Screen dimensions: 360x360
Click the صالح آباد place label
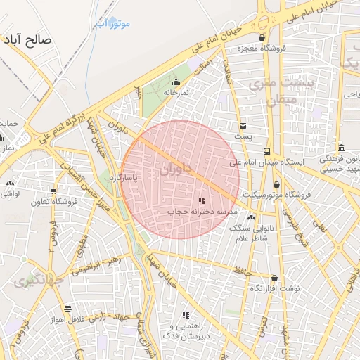coord(28,39)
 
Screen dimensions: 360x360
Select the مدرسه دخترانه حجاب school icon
coord(202,201)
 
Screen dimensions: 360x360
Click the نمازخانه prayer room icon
coord(176,82)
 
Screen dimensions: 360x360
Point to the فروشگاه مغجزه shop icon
coord(262,38)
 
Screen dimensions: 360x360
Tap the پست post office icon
coord(243,126)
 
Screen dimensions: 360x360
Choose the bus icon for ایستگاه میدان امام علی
coord(266,151)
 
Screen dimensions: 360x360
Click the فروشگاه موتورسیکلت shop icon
coord(276,184)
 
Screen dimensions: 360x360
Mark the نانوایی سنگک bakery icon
coord(252,217)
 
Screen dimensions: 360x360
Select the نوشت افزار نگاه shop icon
coord(274,278)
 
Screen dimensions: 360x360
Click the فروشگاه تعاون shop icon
coord(53,191)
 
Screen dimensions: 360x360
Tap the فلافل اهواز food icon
coord(67,309)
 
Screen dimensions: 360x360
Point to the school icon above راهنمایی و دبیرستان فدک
coord(186,316)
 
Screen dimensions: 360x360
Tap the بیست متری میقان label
coord(281,91)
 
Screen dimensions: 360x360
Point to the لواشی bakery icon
coord(10,183)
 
